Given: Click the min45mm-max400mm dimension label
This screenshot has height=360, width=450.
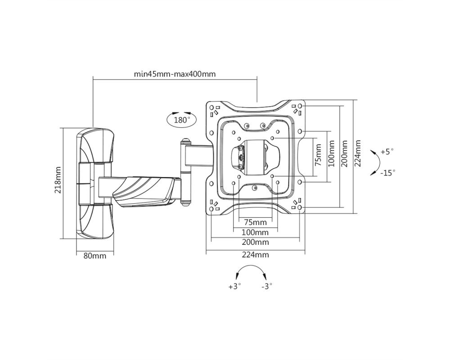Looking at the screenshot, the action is coord(175,74).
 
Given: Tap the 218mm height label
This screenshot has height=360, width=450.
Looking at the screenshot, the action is coord(58,180).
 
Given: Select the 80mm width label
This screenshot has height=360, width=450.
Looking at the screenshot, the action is coord(94,256).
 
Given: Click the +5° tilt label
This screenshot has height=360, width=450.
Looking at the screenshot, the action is coord(387,151).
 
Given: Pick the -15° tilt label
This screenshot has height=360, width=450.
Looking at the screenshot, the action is coord(388,173).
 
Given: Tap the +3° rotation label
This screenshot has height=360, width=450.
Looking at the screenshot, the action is coord(234,287).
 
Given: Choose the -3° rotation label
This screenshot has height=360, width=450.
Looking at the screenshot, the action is coord(266,287).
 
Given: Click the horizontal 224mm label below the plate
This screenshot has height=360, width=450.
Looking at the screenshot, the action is coord(256,255).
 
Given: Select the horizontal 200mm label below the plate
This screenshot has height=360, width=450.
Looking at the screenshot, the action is coord(256,242).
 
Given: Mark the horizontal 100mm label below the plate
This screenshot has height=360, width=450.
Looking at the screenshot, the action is coord(256,232).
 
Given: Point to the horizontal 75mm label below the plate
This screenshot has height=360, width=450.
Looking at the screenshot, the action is coord(255,222).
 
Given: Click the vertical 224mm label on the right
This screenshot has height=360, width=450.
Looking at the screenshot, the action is coord(358,153).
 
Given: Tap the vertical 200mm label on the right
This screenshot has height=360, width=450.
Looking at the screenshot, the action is coord(345,153).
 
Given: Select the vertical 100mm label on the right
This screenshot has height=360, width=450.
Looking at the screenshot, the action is coord(332,153).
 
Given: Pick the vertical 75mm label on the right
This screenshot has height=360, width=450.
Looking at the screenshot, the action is coord(318,155).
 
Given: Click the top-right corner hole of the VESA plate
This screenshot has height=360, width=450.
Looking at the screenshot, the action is coord(300,106).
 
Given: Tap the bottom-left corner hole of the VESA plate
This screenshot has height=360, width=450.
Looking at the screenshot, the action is coord(211,209).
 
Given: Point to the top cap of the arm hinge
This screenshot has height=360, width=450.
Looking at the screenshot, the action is coord(185,142).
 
